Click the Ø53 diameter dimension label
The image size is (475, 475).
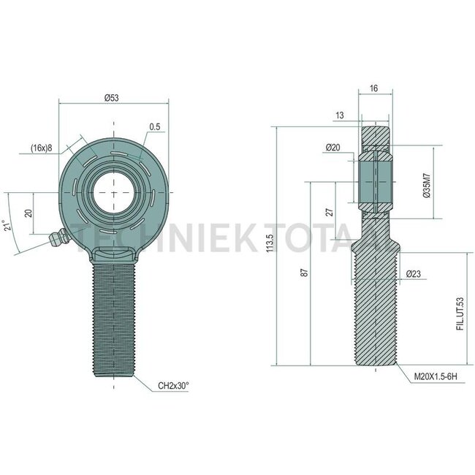click(x=112, y=98)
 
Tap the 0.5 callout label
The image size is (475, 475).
click(x=154, y=126)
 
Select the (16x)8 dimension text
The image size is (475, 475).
click(x=41, y=148)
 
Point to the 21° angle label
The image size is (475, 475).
click(x=8, y=225)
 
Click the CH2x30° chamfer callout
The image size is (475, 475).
click(x=173, y=386)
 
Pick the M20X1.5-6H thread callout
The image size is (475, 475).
click(x=436, y=377)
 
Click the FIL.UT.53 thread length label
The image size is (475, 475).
click(x=460, y=314)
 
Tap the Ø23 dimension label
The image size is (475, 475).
click(x=414, y=274)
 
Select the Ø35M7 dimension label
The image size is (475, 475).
click(x=427, y=186)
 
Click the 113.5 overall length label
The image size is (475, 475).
click(x=270, y=243)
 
